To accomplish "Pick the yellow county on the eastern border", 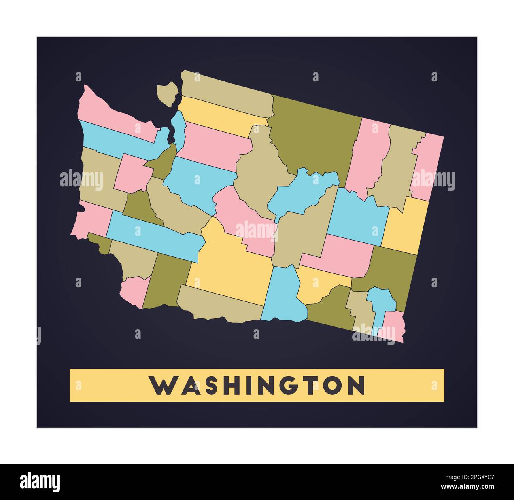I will tap(405, 225).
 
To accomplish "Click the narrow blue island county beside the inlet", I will tap(180, 129).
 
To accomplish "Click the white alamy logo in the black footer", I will tap(40, 482).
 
